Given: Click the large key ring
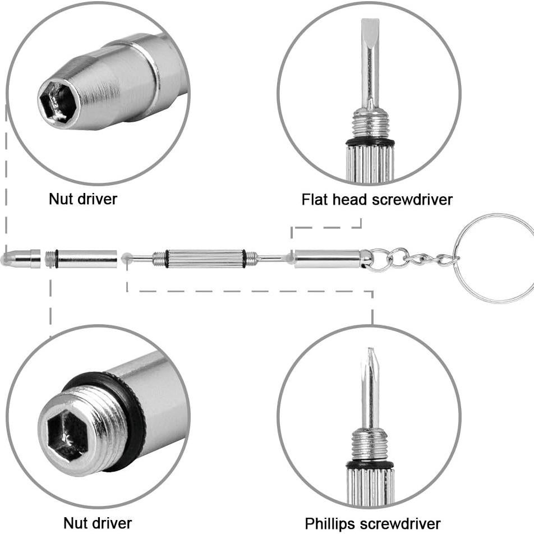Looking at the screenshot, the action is pos(494,258).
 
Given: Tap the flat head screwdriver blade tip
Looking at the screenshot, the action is pos(370,20).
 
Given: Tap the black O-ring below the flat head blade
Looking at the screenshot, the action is pos(370,142).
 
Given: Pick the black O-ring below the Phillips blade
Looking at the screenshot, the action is pos(370,464).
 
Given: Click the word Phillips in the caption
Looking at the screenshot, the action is pos(330,524).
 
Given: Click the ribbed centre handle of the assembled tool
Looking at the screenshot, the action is pos(206,259).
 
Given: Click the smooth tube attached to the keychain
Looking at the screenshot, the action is pos(328,259).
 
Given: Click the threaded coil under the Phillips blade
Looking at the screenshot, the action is pos(370,444).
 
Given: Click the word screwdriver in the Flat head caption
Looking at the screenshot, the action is pos(412,200).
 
